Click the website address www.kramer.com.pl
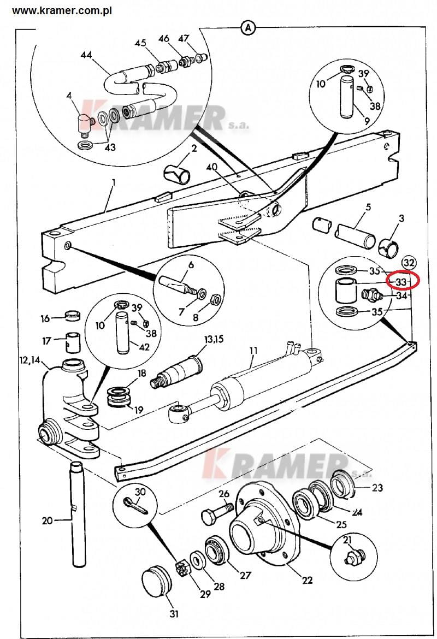pos(62,10)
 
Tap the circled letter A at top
pos(248,28)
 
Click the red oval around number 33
pos(403,281)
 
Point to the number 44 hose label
pos(86,55)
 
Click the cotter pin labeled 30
pos(136,506)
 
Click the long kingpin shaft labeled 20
pos(78,513)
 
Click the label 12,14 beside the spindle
pos(30,360)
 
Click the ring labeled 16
pos(73,316)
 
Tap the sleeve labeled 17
pos(73,341)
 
